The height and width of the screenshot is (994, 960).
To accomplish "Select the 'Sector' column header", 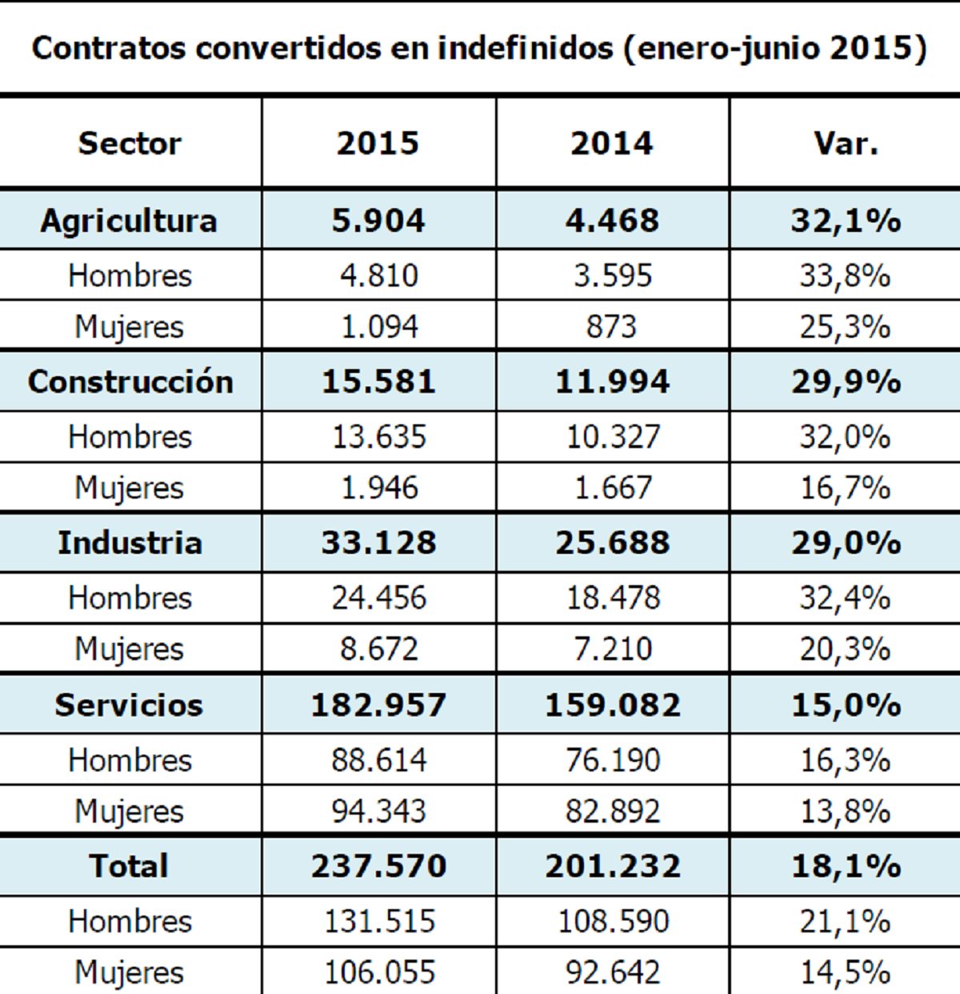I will [x=130, y=143].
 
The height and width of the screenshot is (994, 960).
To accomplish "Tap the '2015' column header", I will [x=378, y=143].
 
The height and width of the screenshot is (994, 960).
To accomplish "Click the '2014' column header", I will [x=612, y=143].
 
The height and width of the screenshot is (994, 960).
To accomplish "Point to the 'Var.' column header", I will [x=846, y=143].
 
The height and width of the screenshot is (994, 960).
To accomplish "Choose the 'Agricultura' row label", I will [x=130, y=221].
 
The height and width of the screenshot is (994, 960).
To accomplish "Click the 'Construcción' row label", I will [x=130, y=382].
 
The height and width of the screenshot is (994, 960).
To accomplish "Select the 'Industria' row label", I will [x=130, y=543].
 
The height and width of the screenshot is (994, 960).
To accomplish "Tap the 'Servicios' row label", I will [x=130, y=705].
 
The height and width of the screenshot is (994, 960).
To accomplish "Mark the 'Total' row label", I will [x=130, y=866].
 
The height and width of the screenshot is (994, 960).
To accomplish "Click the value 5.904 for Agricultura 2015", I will [x=378, y=221].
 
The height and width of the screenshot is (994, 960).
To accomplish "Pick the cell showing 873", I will [x=612, y=327].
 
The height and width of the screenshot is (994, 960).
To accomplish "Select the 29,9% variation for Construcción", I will [x=846, y=382].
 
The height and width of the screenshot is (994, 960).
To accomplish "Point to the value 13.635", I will [x=379, y=437].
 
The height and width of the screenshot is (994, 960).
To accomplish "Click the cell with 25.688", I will [x=613, y=543].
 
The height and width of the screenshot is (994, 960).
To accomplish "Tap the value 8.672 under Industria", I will [x=379, y=649].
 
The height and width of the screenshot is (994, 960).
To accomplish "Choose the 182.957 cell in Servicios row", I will [x=378, y=705].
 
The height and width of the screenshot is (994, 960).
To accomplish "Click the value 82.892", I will [x=613, y=812].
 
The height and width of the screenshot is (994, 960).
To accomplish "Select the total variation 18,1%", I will [x=846, y=866].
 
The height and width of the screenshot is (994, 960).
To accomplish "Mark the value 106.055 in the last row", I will [x=379, y=972].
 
